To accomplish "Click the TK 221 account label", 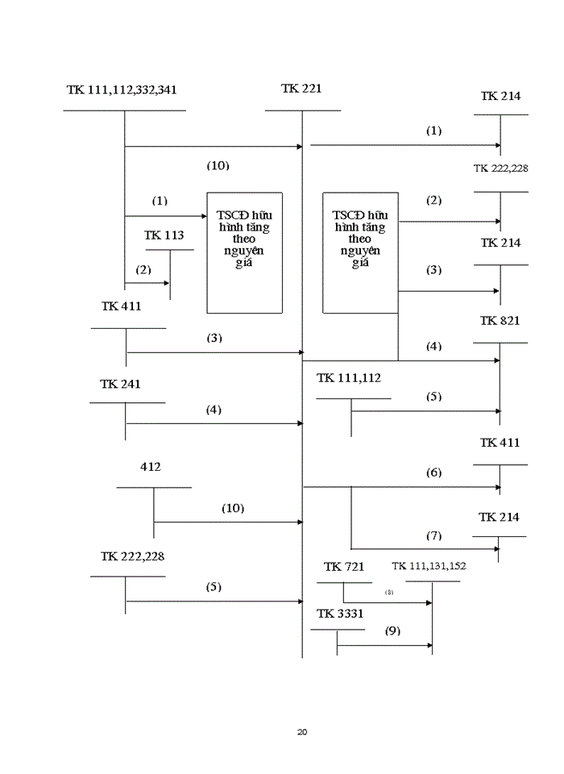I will coord(301,89).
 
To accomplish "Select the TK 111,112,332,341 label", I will coord(122,89).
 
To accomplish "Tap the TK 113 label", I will coord(164,235).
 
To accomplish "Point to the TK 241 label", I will coord(120,384).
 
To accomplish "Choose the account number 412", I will coord(150,467).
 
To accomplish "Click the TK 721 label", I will coord(344,567).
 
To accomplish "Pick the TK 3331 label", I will coord(340,614).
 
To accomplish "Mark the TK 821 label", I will coord(500,320).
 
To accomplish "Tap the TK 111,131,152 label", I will coord(429,566).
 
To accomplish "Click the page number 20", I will coord(302,732).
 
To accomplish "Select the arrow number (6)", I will coord(434,472).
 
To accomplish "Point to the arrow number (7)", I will coord(434,535).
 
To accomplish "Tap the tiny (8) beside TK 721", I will coord(389,592).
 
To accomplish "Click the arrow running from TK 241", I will coord(214,423).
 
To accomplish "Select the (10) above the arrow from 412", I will coord(233,508).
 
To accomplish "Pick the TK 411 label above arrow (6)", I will coord(500,443).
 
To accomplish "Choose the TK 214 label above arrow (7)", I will coord(499,517).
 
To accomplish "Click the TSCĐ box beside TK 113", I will coord(244,252).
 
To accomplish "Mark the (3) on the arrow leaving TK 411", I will coord(214,338).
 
